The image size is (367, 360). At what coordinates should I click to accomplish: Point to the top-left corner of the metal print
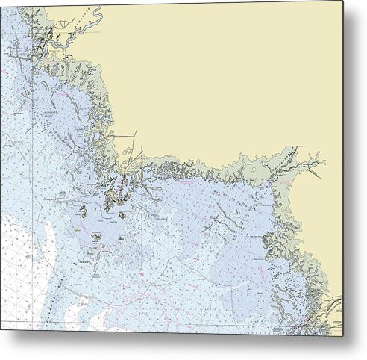point(1,1)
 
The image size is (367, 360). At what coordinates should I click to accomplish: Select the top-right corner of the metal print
point(344,1)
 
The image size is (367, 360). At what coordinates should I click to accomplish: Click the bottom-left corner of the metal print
point(1,333)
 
